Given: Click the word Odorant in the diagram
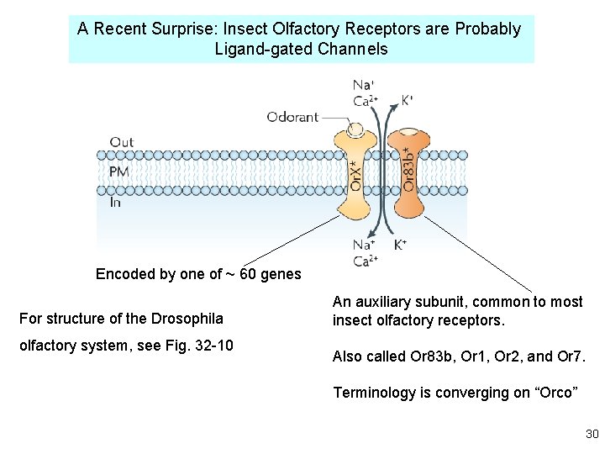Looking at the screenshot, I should tap(292, 117).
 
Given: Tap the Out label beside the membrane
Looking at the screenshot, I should tap(122, 142).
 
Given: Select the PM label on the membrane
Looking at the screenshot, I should tap(119, 172).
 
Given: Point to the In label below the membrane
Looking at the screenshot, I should tap(116, 202).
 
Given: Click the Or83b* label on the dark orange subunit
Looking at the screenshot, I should tap(408, 169).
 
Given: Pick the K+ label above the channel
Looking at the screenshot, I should tap(406, 100).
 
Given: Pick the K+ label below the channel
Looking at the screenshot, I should tap(401, 245).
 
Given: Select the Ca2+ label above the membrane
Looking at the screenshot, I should tap(364, 101).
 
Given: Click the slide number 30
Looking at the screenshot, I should tap(592, 434).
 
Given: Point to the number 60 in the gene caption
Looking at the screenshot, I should tap(250, 274).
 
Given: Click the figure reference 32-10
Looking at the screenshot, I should tap(213, 346).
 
